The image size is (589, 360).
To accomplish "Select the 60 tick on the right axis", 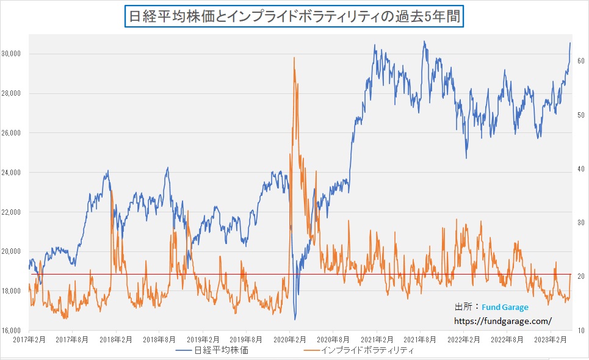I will [582, 61].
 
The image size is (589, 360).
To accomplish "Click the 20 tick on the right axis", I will [582, 276].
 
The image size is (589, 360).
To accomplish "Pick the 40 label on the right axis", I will [582, 169].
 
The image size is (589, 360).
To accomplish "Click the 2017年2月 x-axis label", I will [29, 339].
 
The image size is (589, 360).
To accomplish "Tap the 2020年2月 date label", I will [289, 339].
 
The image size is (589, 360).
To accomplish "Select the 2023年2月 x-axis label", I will [551, 339].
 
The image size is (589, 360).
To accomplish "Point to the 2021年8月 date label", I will [420, 339].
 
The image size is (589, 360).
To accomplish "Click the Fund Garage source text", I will [505, 308].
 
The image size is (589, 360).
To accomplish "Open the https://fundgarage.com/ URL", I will [503, 320].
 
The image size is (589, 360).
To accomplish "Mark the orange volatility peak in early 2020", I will [294, 58].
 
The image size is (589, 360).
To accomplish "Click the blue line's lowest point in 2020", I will [295, 319].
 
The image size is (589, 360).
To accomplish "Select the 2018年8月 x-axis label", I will [159, 339].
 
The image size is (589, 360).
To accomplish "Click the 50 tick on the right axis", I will [582, 115].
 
